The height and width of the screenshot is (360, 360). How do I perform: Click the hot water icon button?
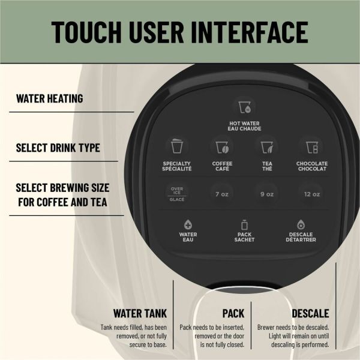point(244,107)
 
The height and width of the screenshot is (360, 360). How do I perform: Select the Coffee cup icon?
point(222,146)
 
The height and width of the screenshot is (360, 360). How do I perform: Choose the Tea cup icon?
point(266,146)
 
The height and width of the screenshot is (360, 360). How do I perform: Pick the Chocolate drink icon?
point(311,146)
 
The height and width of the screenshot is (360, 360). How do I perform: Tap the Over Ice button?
point(177,193)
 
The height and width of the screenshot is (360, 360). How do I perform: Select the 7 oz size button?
point(222,193)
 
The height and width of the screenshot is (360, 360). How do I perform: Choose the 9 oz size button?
point(266,193)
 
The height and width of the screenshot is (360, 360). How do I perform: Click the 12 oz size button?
point(311,193)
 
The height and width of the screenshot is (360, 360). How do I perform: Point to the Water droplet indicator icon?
point(188,224)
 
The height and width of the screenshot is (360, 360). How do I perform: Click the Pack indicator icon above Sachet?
point(244,224)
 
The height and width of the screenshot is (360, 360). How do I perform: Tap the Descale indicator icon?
point(301,224)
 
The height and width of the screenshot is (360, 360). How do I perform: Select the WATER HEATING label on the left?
point(49,98)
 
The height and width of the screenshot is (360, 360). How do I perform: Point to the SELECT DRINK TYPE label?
point(58,147)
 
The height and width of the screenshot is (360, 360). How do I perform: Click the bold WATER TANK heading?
point(140,313)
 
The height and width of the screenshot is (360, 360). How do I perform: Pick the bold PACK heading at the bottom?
point(233,313)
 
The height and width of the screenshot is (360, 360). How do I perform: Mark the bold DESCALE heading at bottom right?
point(310,313)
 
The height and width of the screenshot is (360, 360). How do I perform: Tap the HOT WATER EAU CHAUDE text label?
point(244,126)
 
